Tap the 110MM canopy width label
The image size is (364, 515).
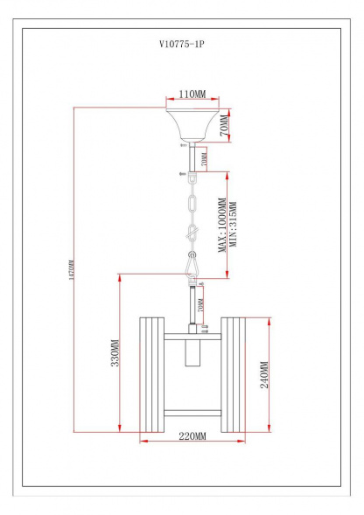192,93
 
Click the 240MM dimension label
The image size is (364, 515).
265,376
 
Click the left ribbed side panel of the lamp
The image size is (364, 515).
150,374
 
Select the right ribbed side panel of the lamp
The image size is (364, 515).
234,374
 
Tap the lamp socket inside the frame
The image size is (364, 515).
192,359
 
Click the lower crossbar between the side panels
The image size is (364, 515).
192,411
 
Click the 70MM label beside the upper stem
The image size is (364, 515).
204,161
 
